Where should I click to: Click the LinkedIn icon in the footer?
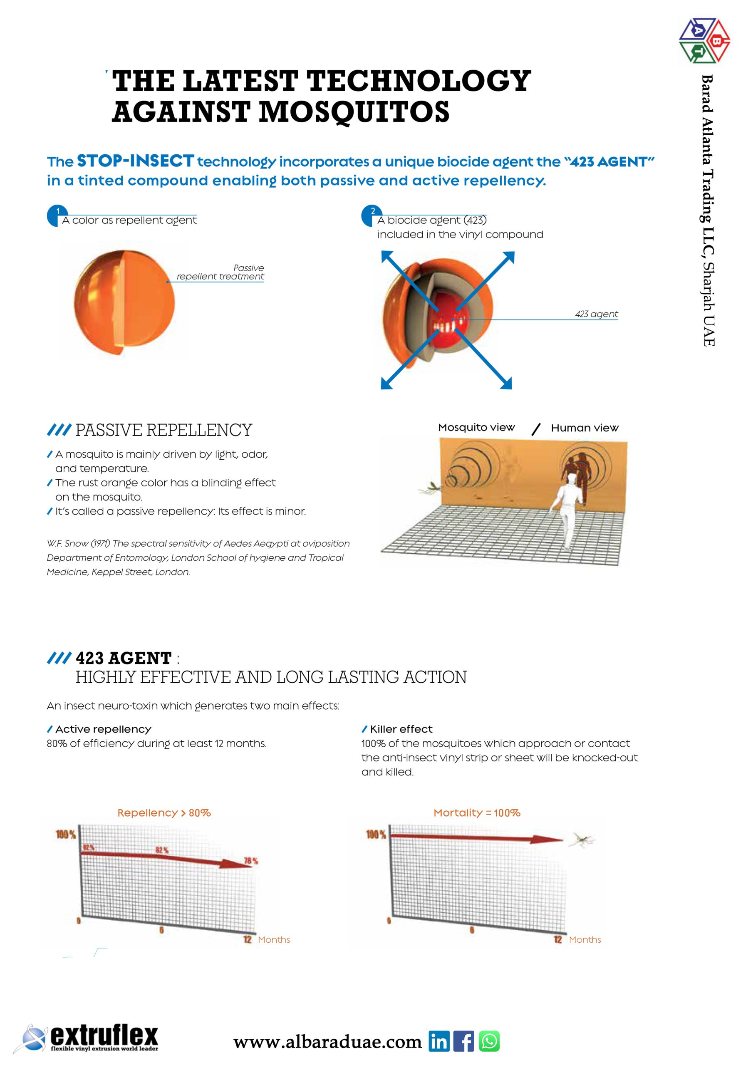(438, 1041)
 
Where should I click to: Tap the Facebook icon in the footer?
(463, 1041)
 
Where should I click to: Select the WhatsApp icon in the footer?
(489, 1041)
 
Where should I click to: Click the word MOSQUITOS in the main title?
(354, 112)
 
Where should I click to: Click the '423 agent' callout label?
(596, 314)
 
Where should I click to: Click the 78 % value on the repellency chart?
(251, 861)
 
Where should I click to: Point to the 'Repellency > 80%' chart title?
(164, 812)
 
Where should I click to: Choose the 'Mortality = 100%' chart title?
(476, 812)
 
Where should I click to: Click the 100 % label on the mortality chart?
(376, 835)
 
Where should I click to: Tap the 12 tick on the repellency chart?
(247, 939)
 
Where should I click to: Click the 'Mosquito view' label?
(476, 427)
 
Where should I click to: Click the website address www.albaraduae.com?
(327, 1041)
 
